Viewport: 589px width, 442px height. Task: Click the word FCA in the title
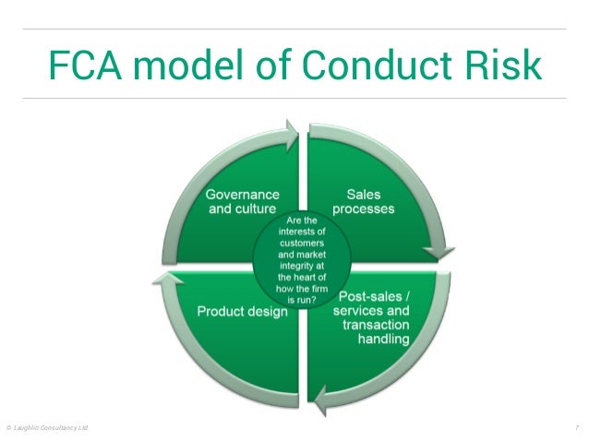pyautogui.click(x=84, y=65)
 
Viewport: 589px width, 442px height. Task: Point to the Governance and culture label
pyautogui.click(x=243, y=201)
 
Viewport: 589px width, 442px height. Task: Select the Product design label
pyautogui.click(x=242, y=311)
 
